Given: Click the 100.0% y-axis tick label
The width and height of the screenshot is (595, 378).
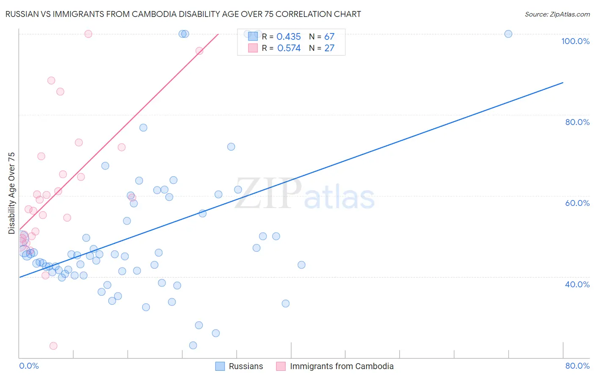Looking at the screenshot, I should [x=575, y=41].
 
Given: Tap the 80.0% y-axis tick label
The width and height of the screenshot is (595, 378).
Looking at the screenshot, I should [x=577, y=122].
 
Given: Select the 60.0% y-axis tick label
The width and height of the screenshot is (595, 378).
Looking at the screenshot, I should [x=577, y=203].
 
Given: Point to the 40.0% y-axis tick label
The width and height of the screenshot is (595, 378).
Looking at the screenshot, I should [x=577, y=284].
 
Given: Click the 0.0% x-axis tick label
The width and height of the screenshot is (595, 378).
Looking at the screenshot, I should [x=29, y=366].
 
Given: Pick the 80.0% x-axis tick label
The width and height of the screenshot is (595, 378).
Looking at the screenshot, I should [x=577, y=366].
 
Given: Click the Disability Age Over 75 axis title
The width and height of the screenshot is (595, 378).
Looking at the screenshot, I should [x=11, y=193].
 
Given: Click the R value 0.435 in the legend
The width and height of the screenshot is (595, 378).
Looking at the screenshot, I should [x=289, y=37].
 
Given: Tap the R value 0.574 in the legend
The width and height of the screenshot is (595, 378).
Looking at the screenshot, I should [x=289, y=48].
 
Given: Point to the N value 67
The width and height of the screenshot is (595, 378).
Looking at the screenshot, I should [x=329, y=37].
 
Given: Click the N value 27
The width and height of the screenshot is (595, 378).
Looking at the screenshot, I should [x=329, y=48].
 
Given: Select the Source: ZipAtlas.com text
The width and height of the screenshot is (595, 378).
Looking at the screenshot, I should [x=557, y=14].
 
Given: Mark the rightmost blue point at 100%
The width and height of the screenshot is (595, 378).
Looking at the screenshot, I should [x=508, y=34].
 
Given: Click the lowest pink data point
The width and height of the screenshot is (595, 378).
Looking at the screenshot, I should [x=53, y=346].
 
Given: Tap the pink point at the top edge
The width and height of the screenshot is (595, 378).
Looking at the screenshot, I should [x=88, y=34].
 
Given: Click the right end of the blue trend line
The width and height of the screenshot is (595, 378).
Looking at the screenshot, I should [x=563, y=83].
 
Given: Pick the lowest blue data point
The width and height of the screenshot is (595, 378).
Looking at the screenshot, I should [x=193, y=345].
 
